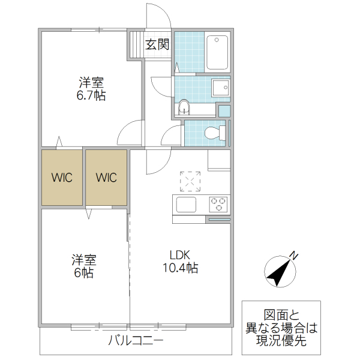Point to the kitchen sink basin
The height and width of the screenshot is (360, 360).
(186, 204)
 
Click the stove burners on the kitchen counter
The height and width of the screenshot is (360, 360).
(218, 204)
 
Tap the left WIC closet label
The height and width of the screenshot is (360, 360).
(62, 178)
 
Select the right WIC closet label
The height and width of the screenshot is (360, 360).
(106, 178)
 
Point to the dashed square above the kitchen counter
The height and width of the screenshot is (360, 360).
(191, 181)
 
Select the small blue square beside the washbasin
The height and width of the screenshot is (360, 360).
(224, 110)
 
